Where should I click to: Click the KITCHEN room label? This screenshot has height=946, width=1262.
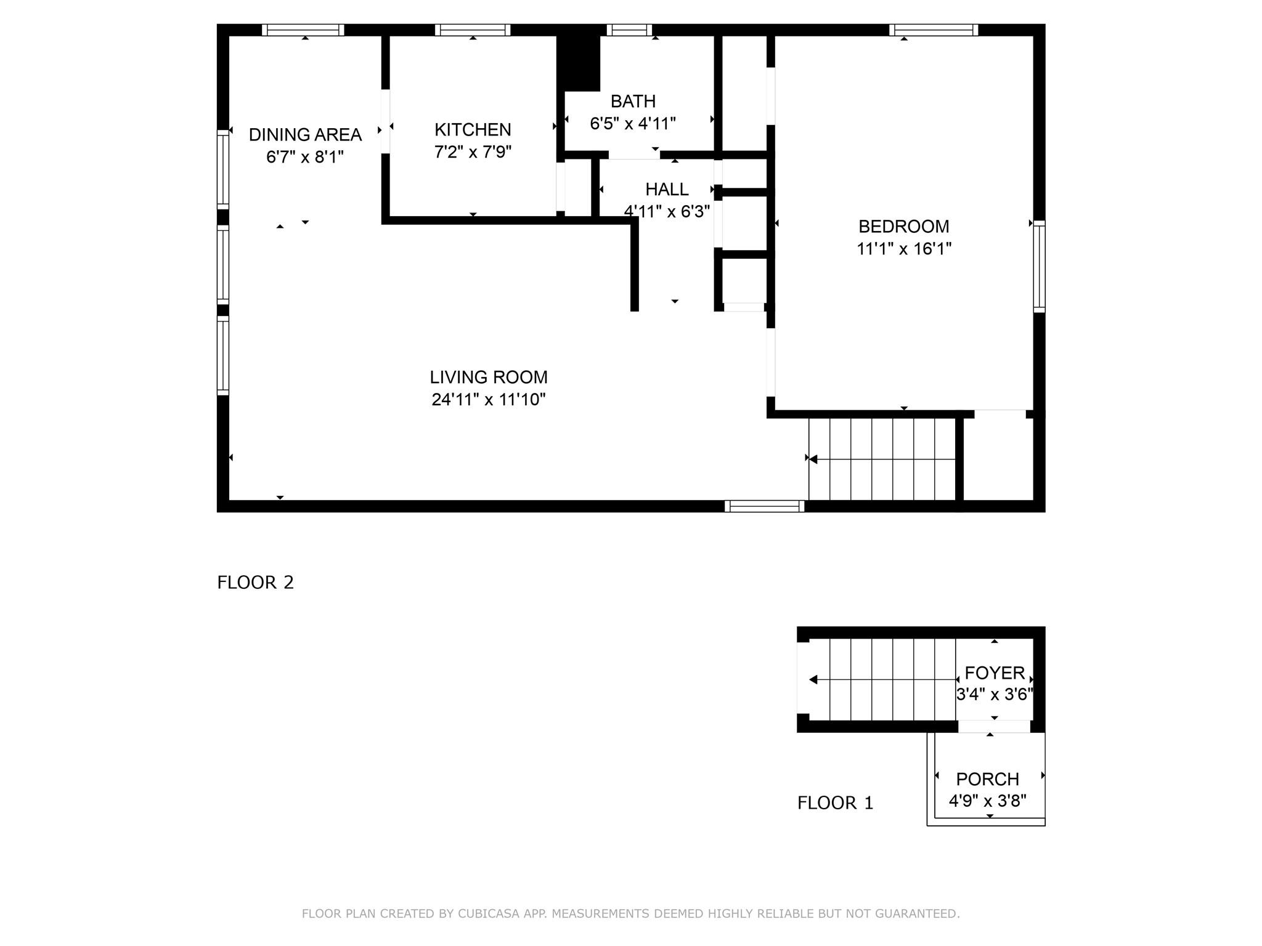pyautogui.click(x=473, y=129)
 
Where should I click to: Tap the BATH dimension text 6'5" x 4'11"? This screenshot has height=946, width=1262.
pyautogui.click(x=633, y=124)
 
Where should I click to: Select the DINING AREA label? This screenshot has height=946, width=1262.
pyautogui.click(x=305, y=134)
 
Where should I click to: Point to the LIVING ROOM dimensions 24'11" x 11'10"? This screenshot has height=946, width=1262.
pyautogui.click(x=489, y=400)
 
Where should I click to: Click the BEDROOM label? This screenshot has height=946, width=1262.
pyautogui.click(x=903, y=227)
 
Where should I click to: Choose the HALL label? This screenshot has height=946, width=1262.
pyautogui.click(x=667, y=189)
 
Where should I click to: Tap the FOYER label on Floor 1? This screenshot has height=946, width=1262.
pyautogui.click(x=995, y=673)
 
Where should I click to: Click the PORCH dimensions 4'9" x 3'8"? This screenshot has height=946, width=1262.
pyautogui.click(x=987, y=801)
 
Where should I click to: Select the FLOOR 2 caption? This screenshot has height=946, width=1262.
pyautogui.click(x=255, y=582)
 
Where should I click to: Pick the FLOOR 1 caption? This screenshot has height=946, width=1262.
pyautogui.click(x=835, y=802)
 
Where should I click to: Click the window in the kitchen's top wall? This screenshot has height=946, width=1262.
pyautogui.click(x=473, y=30)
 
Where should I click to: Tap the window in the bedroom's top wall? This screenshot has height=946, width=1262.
pyautogui.click(x=934, y=30)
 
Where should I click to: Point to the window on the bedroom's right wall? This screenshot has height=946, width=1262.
pyautogui.click(x=1039, y=266)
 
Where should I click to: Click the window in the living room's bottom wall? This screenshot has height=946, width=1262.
pyautogui.click(x=764, y=506)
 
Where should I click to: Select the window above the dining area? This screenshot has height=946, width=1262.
pyautogui.click(x=303, y=30)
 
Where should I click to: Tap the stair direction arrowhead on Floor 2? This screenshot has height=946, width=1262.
pyautogui.click(x=813, y=459)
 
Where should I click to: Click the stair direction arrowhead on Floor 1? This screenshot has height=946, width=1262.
pyautogui.click(x=813, y=680)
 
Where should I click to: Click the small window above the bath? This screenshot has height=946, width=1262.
pyautogui.click(x=629, y=30)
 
